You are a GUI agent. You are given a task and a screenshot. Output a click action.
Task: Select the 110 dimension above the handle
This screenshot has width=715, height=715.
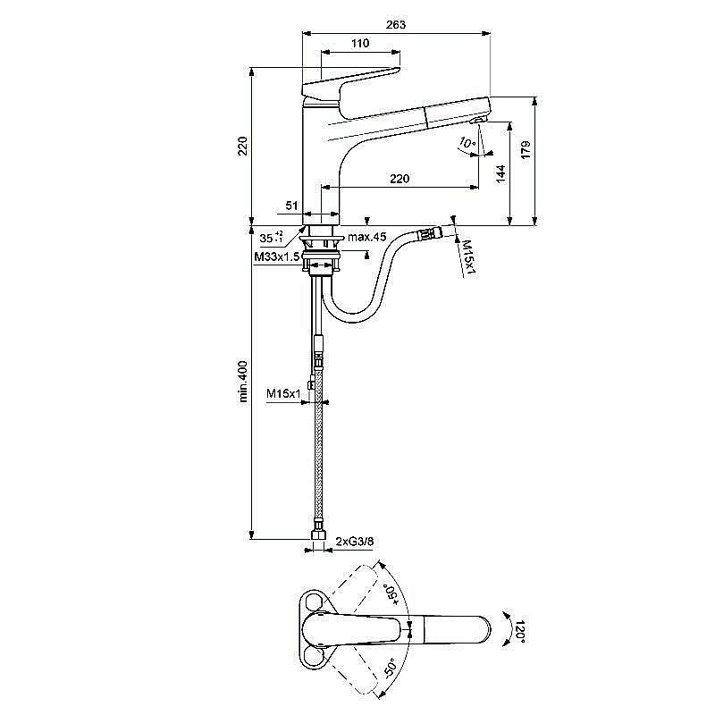[x=359, y=44]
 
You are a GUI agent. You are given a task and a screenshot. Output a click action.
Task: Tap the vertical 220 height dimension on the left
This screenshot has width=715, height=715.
[x=242, y=147]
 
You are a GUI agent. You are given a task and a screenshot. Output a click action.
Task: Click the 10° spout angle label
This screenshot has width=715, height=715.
[x=466, y=143]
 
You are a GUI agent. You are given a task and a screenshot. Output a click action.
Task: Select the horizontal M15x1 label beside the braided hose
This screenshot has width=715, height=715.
[x=282, y=393]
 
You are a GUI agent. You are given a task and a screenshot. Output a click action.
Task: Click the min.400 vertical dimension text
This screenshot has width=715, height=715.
[x=243, y=382]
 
